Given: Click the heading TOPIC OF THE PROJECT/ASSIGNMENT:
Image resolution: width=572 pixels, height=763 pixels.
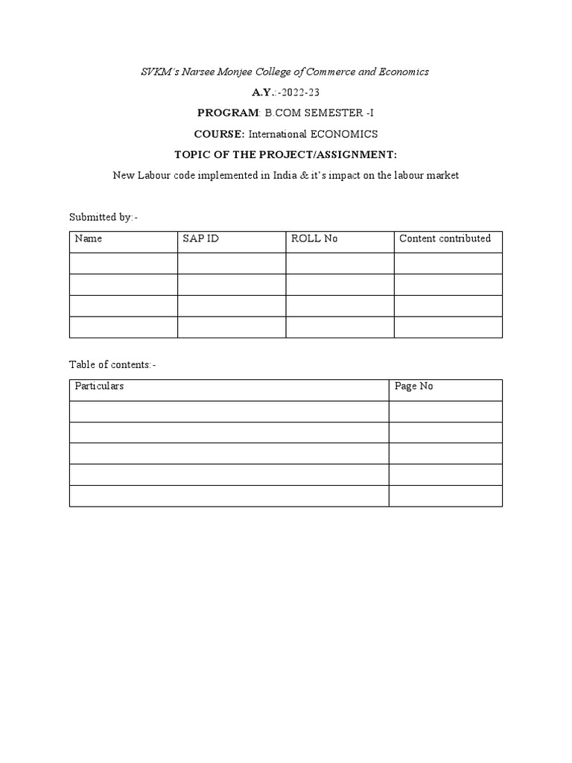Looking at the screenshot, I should (x=286, y=154).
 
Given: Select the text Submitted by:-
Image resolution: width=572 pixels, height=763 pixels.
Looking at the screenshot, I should (x=104, y=217).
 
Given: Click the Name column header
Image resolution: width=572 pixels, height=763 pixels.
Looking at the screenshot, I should (x=89, y=238).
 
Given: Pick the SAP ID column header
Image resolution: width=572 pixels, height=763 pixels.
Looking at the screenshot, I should (x=200, y=238).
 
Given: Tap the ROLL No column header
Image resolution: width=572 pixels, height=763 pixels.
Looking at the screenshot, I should (x=314, y=238).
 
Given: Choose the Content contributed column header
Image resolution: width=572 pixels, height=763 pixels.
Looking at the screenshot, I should (x=445, y=238).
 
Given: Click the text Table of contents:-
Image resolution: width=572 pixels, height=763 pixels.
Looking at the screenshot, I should (x=112, y=364).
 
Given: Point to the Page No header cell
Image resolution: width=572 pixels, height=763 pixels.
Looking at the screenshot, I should (x=414, y=386).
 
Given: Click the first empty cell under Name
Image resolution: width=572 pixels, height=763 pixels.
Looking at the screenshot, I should (x=124, y=263).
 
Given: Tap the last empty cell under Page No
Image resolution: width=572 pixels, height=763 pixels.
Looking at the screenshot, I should (x=445, y=496).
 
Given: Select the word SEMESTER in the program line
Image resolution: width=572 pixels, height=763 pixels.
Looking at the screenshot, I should (x=332, y=113).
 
